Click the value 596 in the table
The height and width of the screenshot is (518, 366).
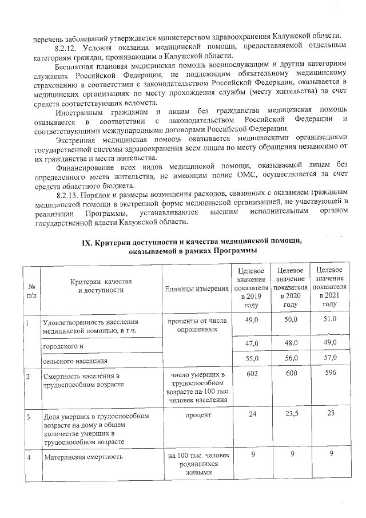(x=329, y=373)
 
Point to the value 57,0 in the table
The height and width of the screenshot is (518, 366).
(x=329, y=358)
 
